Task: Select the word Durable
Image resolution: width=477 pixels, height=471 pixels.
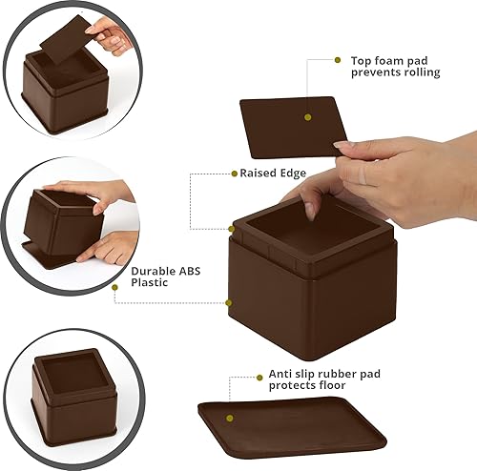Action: click(153, 270)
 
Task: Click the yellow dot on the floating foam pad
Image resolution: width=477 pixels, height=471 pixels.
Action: click(307, 117)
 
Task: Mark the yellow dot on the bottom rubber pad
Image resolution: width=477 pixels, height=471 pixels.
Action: click(228, 417)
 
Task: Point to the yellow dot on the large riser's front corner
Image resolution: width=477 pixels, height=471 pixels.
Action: click(229, 302)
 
